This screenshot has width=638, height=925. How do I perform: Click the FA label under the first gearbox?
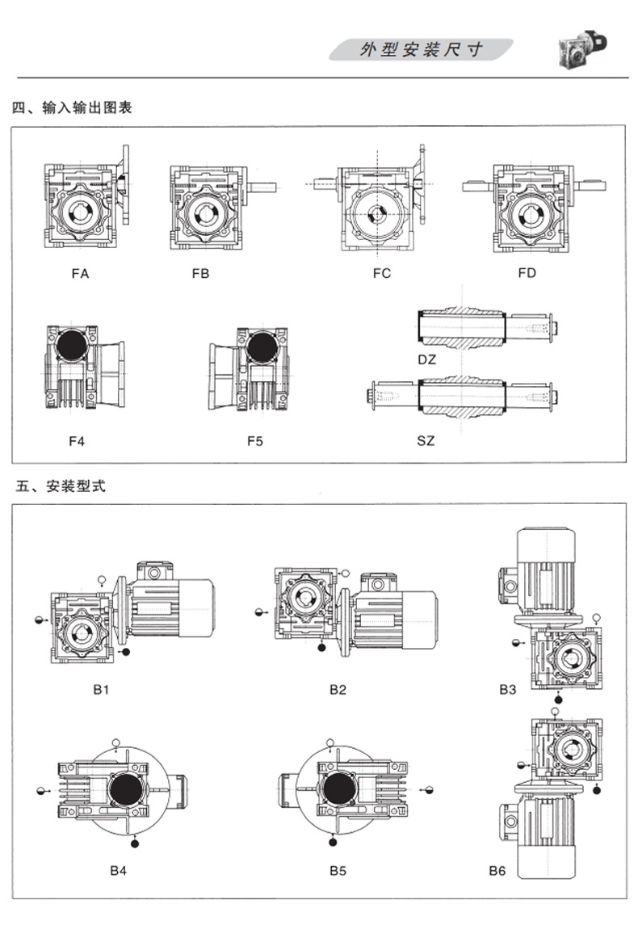tap(80, 274)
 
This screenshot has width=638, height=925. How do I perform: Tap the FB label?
tap(200, 274)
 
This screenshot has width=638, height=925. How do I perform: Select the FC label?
tap(381, 274)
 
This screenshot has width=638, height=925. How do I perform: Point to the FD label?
tap(527, 274)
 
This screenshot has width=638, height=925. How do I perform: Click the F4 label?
tap(77, 441)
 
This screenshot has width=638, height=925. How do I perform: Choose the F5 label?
tap(255, 441)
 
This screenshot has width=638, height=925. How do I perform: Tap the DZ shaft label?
tap(426, 359)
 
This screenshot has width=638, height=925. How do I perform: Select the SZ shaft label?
tap(426, 441)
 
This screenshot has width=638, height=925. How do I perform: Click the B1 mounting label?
tap(101, 690)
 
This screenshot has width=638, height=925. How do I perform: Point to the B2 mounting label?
tap(338, 690)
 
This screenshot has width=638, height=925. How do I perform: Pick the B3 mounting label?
tap(507, 690)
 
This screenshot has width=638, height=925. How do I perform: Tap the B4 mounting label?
tap(119, 871)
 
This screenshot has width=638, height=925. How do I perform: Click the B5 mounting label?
tap(338, 871)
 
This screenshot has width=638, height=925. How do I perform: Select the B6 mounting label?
tap(497, 871)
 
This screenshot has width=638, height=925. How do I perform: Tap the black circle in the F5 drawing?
tap(261, 347)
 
